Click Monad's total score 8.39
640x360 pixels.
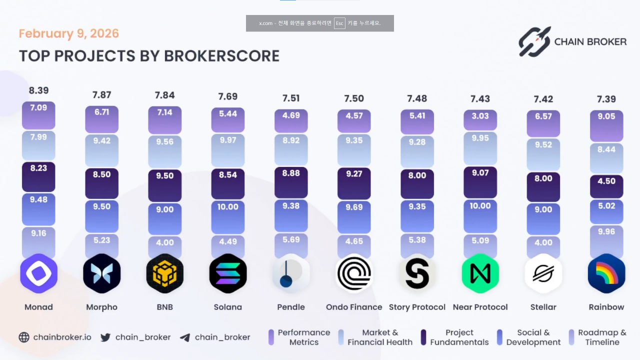[x=38, y=90]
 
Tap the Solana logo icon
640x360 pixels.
[x=227, y=273]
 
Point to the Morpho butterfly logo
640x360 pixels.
[x=101, y=273]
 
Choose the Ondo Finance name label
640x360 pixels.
[x=354, y=307]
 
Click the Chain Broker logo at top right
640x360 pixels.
[x=572, y=41]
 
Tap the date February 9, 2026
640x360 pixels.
[x=69, y=33]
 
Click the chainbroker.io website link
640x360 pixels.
[x=62, y=337]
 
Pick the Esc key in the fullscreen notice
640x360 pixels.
[x=339, y=23]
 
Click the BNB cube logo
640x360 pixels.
[x=164, y=273]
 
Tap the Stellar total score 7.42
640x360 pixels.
[x=543, y=99]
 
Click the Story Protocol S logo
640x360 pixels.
[x=417, y=273]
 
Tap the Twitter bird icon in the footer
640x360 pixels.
[x=105, y=337]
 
